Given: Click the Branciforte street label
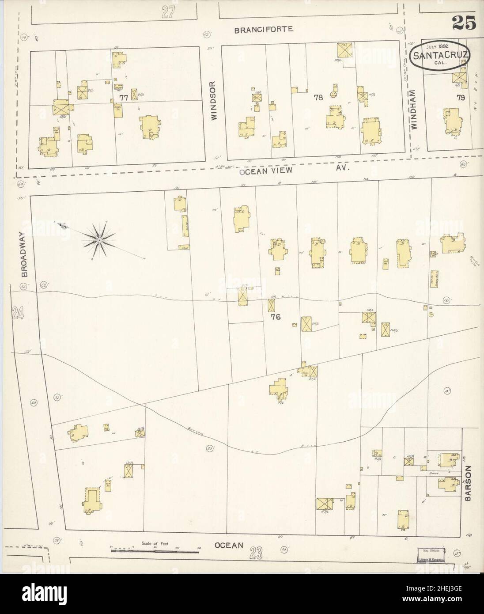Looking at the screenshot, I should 264,30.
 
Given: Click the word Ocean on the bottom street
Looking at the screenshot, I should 229,545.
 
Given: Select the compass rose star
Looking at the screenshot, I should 101,240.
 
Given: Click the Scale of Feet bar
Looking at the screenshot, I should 154,550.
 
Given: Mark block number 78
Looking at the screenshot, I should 318,98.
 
